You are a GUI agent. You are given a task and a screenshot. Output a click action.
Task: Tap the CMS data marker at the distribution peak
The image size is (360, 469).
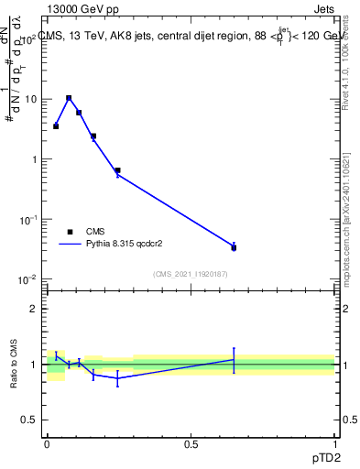tap(69, 98)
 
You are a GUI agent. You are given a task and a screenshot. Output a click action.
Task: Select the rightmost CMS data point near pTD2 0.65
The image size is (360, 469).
tap(234, 247)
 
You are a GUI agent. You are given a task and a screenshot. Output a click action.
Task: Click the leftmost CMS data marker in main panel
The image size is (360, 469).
tap(56, 125)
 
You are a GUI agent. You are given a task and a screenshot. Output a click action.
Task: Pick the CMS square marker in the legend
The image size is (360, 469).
tap(70, 232)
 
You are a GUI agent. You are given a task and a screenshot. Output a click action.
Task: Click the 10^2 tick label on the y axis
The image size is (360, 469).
tap(30, 39)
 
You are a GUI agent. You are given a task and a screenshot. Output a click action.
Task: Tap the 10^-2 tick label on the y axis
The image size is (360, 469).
tap(30, 279)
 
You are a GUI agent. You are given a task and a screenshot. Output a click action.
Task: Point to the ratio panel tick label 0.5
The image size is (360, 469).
tap(32, 420)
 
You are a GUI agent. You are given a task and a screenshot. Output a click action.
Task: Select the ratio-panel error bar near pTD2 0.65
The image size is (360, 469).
tap(234, 360)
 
